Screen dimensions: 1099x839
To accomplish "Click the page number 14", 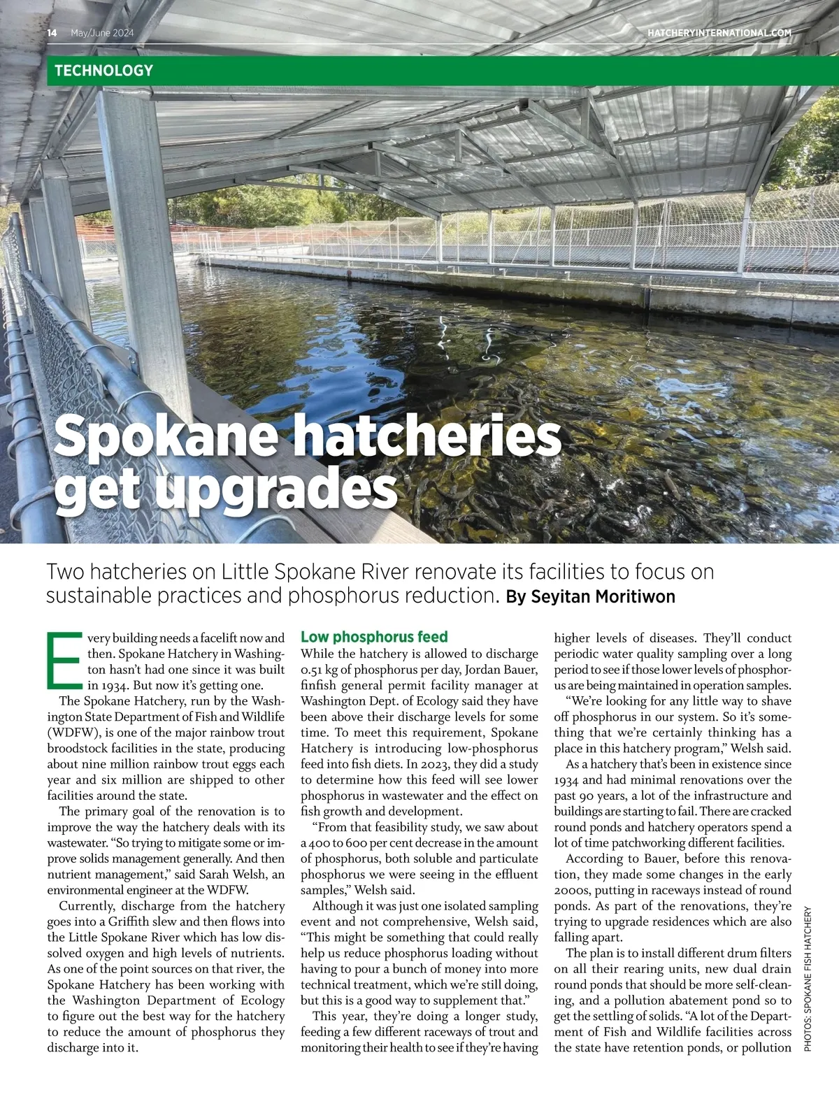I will point(52,33).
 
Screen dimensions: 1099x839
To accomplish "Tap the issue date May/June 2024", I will point(102,33).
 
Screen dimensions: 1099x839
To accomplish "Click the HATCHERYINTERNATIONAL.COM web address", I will point(719,33).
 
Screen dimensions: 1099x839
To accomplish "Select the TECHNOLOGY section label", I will point(103,71).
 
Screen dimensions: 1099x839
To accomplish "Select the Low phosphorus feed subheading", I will point(374,637).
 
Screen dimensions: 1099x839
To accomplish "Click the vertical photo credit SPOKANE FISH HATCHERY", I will point(808,979).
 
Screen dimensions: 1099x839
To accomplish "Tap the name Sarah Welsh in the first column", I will point(234,874).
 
